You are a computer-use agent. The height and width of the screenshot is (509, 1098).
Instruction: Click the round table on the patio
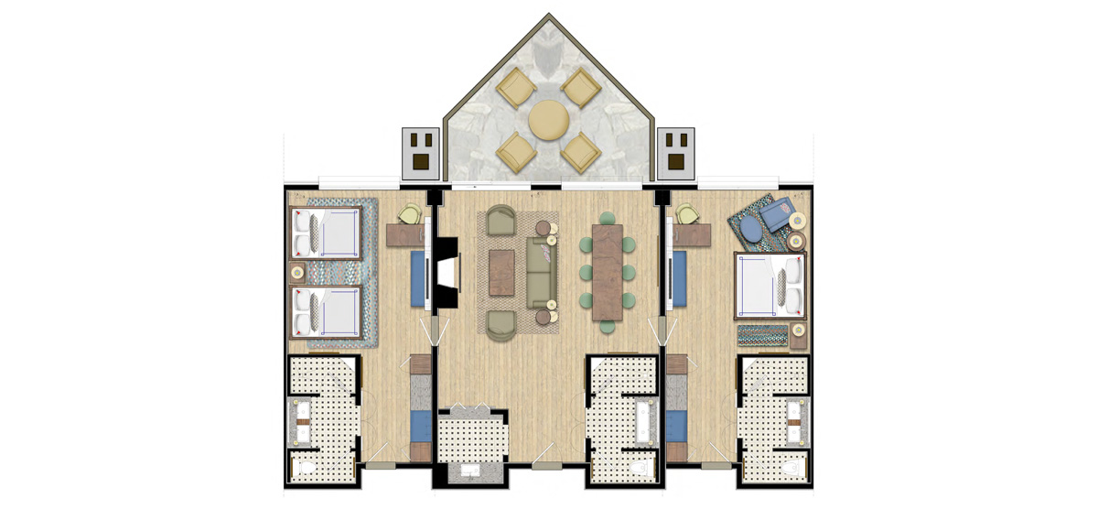pyautogui.click(x=548, y=120)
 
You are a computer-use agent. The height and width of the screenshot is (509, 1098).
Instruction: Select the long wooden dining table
pyautogui.click(x=608, y=273)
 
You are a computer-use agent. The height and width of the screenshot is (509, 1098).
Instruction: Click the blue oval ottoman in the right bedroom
pyautogui.click(x=749, y=228)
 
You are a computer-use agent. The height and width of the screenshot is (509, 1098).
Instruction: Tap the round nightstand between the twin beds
pyautogui.click(x=297, y=273)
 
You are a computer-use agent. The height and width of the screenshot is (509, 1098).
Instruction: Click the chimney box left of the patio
pyautogui.click(x=423, y=152)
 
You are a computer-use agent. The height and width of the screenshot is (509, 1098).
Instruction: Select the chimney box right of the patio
pyautogui.click(x=678, y=152)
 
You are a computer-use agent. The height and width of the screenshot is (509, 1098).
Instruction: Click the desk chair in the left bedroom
pyautogui.click(x=408, y=214)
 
